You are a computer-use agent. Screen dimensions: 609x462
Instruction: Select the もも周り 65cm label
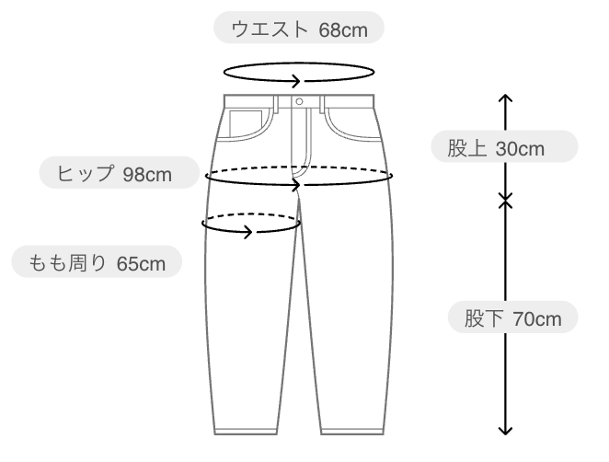pyautogui.click(x=97, y=261)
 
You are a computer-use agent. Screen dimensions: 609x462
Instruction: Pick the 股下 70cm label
pyautogui.click(x=513, y=318)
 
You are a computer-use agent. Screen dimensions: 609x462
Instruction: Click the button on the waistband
pyautogui.click(x=299, y=102)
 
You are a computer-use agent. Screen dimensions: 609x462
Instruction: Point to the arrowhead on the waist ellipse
pyautogui.click(x=297, y=81)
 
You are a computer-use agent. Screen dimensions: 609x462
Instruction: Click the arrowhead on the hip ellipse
pyautogui.click(x=297, y=185)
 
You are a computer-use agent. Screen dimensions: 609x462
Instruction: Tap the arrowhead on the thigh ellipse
pyautogui.click(x=248, y=232)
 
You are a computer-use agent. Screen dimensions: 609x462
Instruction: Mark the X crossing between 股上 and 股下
pyautogui.click(x=505, y=201)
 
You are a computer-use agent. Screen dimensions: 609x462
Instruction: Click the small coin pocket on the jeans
pyautogui.click(x=246, y=123)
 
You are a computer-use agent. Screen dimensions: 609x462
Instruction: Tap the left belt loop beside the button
pyautogui.click(x=276, y=104)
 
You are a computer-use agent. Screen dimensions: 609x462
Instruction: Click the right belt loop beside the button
pyautogui.click(x=322, y=104)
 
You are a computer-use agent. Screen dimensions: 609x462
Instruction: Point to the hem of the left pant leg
pyautogui.click(x=246, y=432)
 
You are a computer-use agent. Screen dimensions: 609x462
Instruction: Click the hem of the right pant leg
pyautogui.click(x=352, y=432)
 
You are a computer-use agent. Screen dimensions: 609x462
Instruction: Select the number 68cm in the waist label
pyautogui.click(x=343, y=30)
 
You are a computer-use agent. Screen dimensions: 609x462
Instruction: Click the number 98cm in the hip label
pyautogui.click(x=147, y=175)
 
